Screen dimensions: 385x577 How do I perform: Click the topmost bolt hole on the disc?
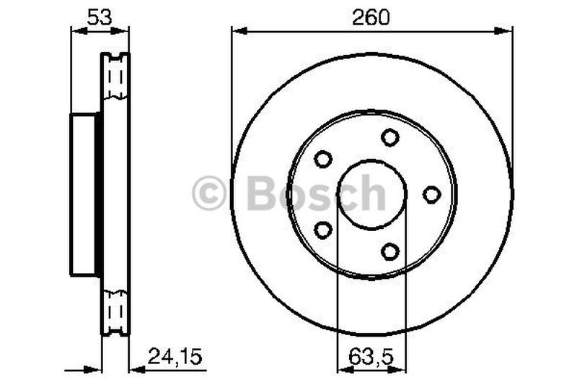tap(390, 137)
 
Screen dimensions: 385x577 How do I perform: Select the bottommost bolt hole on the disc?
tap(390, 251)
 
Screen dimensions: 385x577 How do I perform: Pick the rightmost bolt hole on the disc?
tap(431, 194)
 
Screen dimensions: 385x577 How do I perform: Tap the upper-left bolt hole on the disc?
tap(323, 159)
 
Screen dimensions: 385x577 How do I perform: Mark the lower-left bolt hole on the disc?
tap(323, 230)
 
